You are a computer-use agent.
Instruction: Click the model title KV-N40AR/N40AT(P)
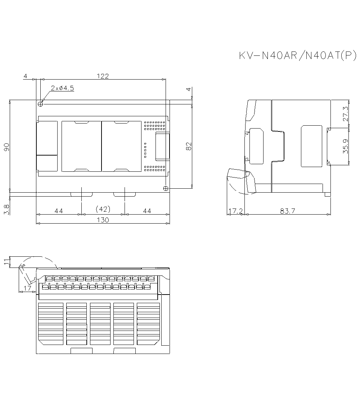[298, 56]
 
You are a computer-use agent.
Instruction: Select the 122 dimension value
[103, 76]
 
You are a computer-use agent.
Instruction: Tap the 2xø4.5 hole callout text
[62, 88]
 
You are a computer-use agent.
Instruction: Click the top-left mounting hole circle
[40, 104]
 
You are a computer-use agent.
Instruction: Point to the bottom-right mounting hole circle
[166, 188]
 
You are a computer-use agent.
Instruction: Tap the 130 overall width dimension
[103, 220]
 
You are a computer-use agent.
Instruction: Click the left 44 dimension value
[59, 211]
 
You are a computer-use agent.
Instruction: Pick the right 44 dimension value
[147, 211]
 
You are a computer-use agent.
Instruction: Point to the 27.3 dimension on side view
[346, 113]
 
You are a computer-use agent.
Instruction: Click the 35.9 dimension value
[346, 146]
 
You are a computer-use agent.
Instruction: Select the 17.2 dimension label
[235, 211]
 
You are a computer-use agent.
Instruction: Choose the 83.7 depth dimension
[288, 211]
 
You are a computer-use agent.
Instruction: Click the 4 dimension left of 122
[25, 76]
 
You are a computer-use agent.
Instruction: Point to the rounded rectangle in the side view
[311, 146]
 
